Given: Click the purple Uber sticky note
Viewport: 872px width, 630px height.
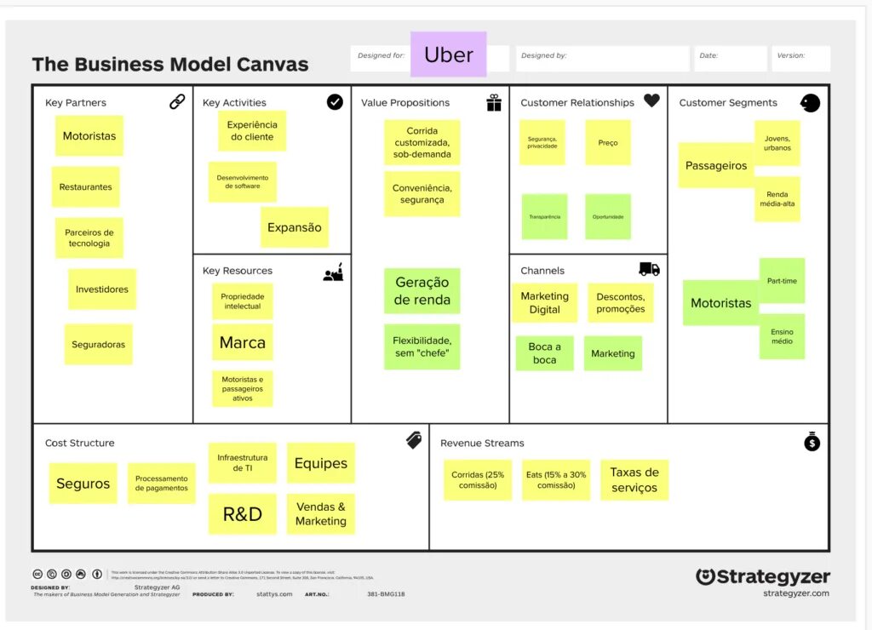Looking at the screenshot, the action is point(448,55).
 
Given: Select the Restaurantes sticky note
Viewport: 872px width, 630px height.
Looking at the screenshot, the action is point(85,187).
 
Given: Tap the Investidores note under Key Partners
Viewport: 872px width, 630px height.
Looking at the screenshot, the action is point(102,289).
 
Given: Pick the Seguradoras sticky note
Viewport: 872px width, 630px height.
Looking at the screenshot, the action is point(99,345).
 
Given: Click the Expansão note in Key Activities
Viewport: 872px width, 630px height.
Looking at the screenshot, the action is point(295,227).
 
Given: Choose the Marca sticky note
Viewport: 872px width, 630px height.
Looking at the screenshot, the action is point(243,342).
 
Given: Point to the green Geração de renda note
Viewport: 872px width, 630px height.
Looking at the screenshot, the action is point(422,291).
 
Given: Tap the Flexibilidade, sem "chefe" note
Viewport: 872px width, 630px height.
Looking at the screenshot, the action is point(422,346).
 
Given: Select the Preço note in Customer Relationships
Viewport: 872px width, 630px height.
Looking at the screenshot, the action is point(608,142).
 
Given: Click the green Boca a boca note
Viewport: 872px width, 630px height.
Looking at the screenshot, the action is point(545,353).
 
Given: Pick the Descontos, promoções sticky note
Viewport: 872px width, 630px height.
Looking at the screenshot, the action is point(621,303).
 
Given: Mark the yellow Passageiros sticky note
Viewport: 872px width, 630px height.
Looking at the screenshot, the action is point(716,165).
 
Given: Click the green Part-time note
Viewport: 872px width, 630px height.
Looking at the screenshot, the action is point(782,280).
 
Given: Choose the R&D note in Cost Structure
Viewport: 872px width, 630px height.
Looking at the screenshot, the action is point(243,514).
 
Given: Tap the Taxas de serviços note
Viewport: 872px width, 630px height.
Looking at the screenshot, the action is point(634,480).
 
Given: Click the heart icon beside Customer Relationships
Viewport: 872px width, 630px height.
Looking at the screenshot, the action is point(651,100).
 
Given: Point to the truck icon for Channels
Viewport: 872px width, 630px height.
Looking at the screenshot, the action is point(649,269).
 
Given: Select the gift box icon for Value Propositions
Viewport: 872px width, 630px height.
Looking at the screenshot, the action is point(494,103).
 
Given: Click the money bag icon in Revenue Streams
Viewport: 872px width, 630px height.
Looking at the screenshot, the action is point(812,442).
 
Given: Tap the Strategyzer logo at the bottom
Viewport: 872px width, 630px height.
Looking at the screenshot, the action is point(762,577).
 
